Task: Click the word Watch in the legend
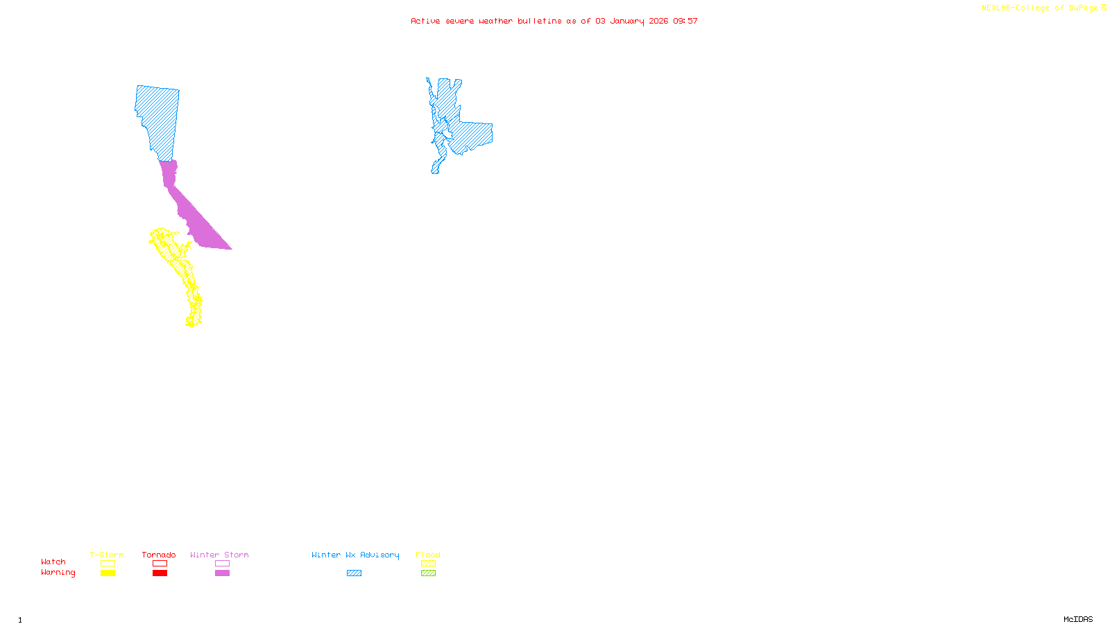tap(53, 562)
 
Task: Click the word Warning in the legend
tap(58, 573)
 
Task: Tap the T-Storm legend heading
tap(107, 555)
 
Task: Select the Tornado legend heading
tap(159, 555)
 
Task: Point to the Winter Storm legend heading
tap(219, 555)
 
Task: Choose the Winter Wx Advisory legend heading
tap(355, 555)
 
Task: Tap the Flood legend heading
tap(428, 555)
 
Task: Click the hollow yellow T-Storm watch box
tap(108, 564)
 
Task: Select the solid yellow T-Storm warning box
tap(108, 573)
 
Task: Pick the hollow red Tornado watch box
tap(160, 564)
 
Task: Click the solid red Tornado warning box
tap(160, 573)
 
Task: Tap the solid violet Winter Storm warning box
tap(222, 573)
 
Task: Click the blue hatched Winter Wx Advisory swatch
tap(354, 573)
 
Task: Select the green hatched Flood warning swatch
tap(428, 573)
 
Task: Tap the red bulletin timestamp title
tap(554, 21)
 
